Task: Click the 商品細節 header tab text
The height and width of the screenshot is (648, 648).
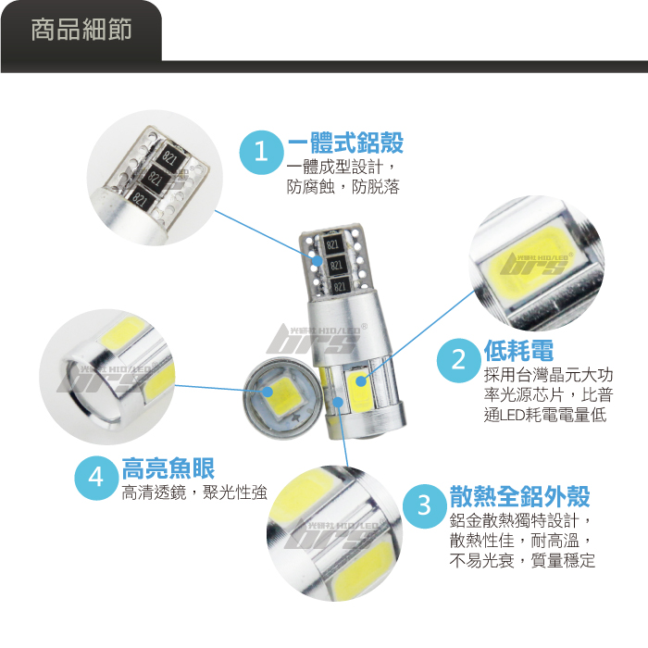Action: point(81,30)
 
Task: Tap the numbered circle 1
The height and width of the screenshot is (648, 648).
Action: point(262,152)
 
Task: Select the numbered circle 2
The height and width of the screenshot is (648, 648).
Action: point(459,360)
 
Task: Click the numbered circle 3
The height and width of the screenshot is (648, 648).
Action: point(424,505)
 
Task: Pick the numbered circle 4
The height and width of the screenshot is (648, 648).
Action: point(96,478)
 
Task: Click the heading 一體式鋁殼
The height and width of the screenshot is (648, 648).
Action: point(345,143)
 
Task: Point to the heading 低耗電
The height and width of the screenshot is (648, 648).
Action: point(518,351)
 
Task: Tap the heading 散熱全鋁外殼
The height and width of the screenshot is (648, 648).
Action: point(520,496)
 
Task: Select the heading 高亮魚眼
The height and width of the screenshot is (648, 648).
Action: point(168,467)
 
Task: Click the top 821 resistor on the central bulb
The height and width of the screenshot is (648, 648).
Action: point(332,244)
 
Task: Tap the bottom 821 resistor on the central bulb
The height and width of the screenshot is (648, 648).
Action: point(340,286)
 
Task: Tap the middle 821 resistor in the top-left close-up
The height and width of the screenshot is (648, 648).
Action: point(155,178)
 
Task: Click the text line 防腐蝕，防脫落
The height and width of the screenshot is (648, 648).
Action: point(343,187)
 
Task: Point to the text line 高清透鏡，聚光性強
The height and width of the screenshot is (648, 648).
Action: point(194,492)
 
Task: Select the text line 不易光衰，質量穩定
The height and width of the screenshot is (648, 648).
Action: point(522,560)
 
